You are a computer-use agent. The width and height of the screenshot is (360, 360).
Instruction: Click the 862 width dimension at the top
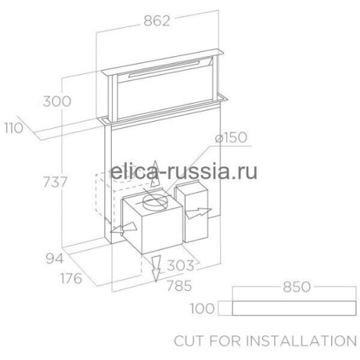tap(157, 21)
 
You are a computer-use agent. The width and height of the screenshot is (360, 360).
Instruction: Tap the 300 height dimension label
tap(57, 102)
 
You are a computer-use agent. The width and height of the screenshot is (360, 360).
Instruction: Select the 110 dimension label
tap(14, 128)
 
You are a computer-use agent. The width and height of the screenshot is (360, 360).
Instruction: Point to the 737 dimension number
tap(55, 181)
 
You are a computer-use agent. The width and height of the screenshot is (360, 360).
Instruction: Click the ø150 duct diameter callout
tap(231, 138)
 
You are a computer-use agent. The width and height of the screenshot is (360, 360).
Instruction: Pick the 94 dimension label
tap(55, 258)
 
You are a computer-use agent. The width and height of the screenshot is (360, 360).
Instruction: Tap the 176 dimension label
tap(71, 279)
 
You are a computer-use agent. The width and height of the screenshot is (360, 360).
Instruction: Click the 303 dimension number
tap(181, 265)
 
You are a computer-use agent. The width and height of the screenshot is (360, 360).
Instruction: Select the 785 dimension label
tap(179, 286)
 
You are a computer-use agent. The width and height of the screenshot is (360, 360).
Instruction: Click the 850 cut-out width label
tap(297, 287)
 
